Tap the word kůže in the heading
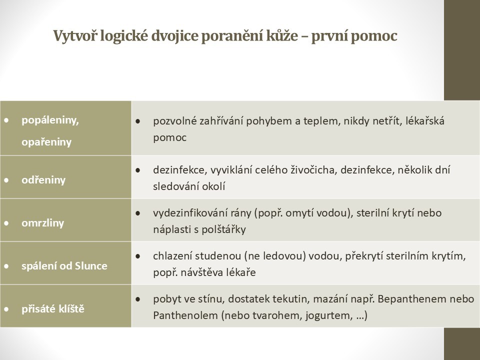coord(282,36)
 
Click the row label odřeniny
coord(43,179)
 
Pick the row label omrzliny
coord(42,222)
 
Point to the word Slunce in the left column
coord(91,265)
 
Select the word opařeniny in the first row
coord(46,142)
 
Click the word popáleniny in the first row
coord(50,120)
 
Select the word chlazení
coord(172,256)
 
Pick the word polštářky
coord(225,230)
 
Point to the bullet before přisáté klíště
coord(6,309)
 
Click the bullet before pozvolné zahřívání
coord(137,121)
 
